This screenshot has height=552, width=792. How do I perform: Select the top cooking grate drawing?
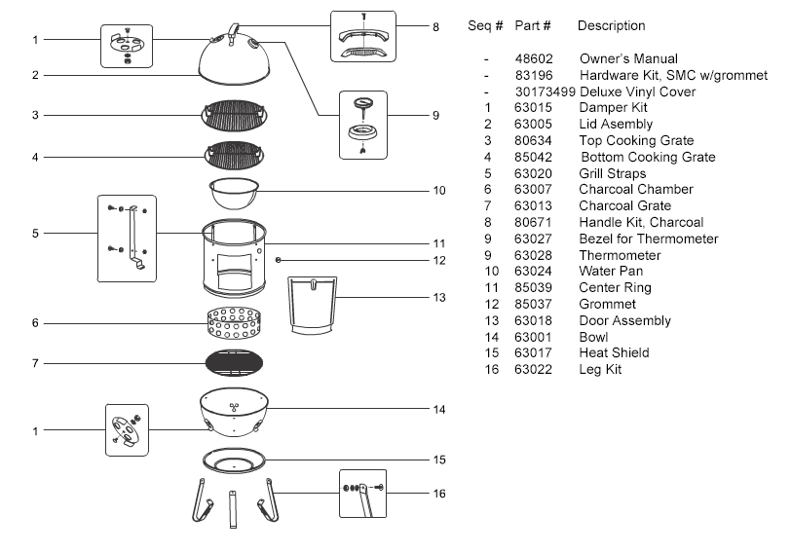(x=235, y=116)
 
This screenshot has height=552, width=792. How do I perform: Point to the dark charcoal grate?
(x=235, y=363)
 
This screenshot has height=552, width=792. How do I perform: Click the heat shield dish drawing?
(x=235, y=459)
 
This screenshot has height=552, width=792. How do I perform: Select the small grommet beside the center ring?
(x=280, y=260)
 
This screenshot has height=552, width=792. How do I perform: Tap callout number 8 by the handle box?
(x=435, y=27)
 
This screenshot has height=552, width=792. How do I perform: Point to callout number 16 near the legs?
(x=438, y=494)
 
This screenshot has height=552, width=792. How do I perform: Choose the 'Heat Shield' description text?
(x=614, y=352)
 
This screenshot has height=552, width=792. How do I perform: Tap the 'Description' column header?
(x=611, y=25)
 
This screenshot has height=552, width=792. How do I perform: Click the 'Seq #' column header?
(x=486, y=25)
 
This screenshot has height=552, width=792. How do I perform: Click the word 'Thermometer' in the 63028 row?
(x=620, y=255)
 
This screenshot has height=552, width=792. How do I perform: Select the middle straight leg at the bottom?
(x=234, y=508)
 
